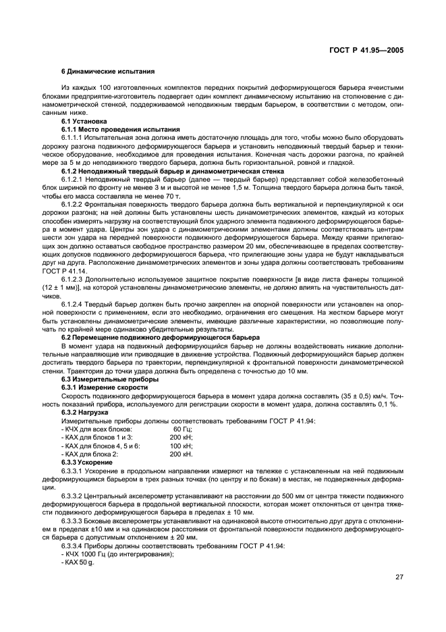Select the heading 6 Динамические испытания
click(108, 71)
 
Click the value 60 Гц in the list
click(182, 429)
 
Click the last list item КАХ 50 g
click(77, 562)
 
